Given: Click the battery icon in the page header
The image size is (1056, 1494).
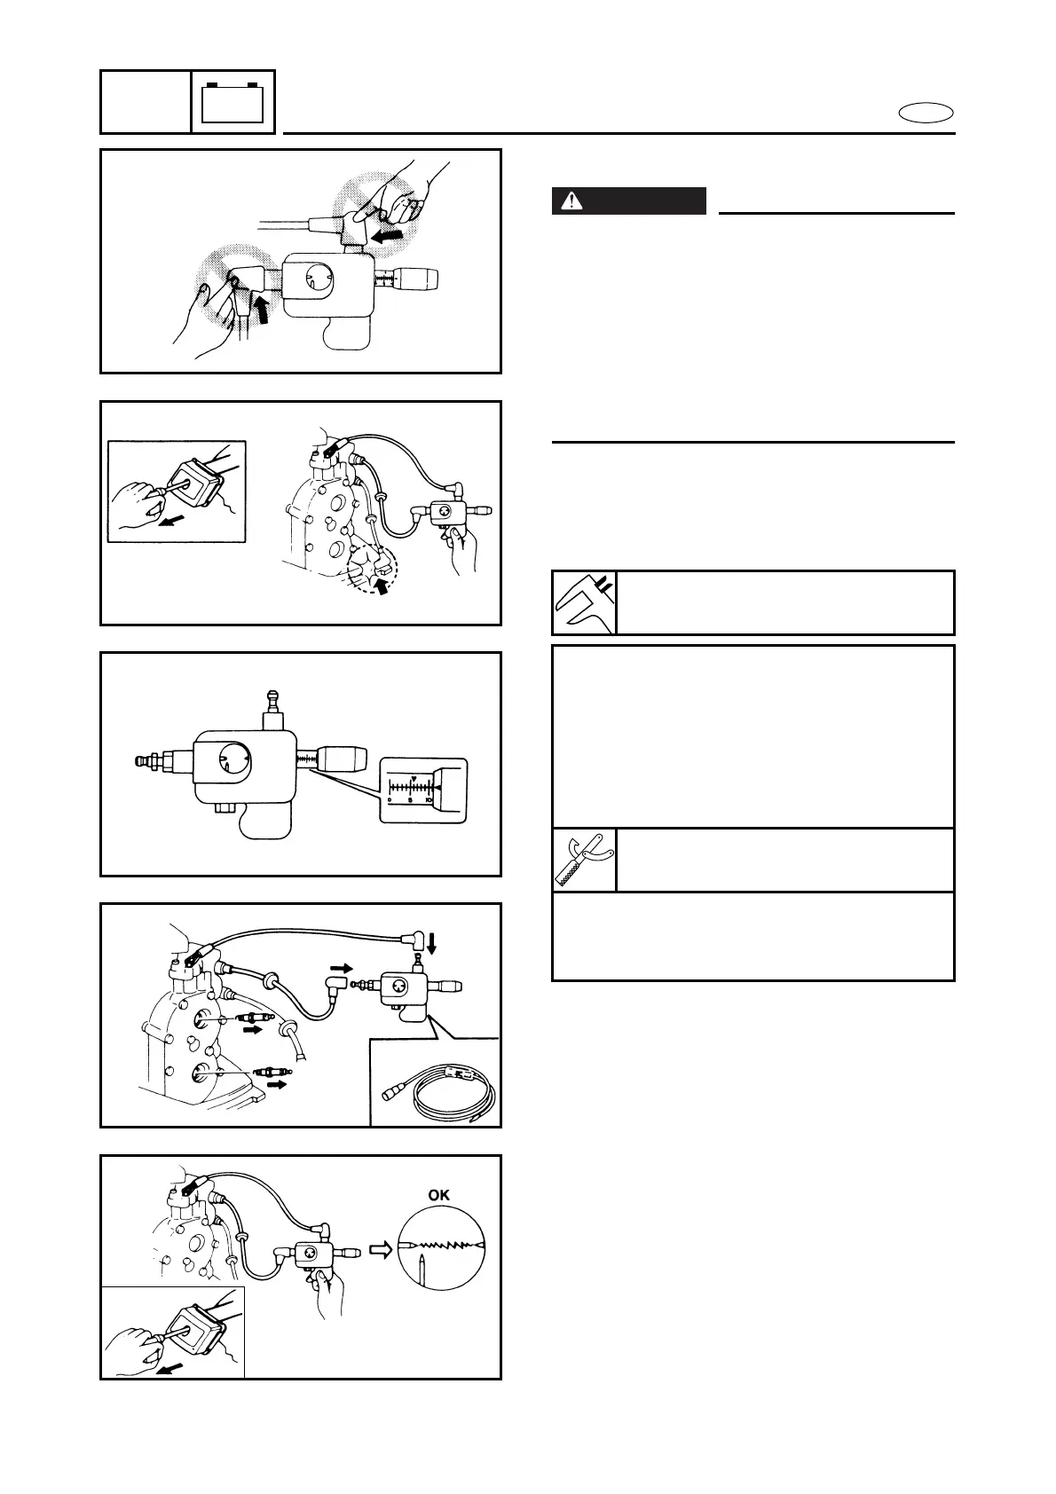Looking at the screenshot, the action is pyautogui.click(x=233, y=102).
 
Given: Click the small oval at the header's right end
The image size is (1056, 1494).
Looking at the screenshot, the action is pyautogui.click(x=926, y=113).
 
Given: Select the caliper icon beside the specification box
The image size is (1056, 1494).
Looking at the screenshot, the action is pyautogui.click(x=583, y=603).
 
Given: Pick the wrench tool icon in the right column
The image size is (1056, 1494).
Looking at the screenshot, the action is pyautogui.click(x=583, y=860).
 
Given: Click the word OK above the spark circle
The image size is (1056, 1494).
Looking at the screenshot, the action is pyautogui.click(x=438, y=1195).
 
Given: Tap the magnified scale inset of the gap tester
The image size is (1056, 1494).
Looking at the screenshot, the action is pyautogui.click(x=422, y=790).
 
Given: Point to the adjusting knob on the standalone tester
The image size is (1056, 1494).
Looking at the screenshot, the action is pyautogui.click(x=341, y=759).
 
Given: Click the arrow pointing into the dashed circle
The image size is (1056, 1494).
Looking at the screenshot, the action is pyautogui.click(x=382, y=586).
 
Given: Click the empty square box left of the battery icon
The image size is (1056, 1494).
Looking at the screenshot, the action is pyautogui.click(x=146, y=102).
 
